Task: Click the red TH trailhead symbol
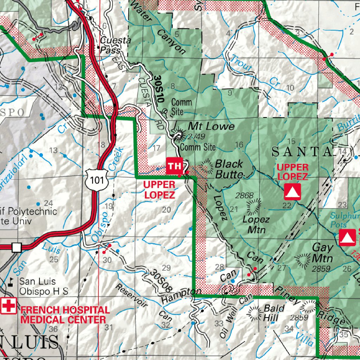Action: pyautogui.click(x=175, y=166)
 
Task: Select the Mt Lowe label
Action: pyautogui.click(x=211, y=126)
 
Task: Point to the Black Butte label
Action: pyautogui.click(x=229, y=169)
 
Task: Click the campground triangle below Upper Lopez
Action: pyautogui.click(x=292, y=192)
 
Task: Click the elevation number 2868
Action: pyautogui.click(x=245, y=195)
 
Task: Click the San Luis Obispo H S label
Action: pyautogui.click(x=43, y=286)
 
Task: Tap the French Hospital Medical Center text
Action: pyautogui.click(x=65, y=315)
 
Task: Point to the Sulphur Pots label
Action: pyautogui.click(x=345, y=220)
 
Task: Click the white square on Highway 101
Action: pyautogui.click(x=17, y=247)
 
